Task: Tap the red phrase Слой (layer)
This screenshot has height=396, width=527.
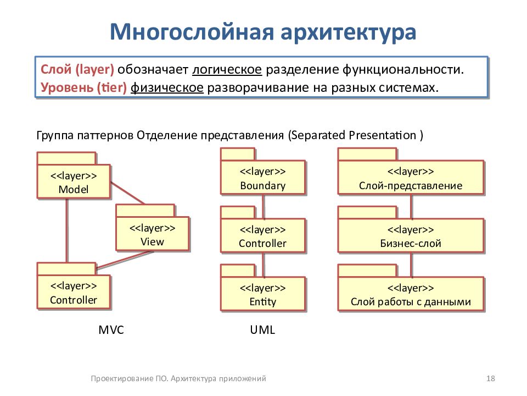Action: pyautogui.click(x=77, y=69)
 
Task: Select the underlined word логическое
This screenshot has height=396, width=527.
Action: pyautogui.click(x=227, y=69)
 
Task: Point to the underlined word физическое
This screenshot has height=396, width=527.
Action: pyautogui.click(x=167, y=87)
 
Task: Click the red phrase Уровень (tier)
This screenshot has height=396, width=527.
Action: pyautogui.click(x=83, y=87)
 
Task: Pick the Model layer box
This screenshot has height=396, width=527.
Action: pyautogui.click(x=74, y=181)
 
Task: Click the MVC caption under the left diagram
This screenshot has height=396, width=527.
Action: pyautogui.click(x=111, y=329)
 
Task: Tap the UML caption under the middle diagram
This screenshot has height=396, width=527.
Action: pyautogui.click(x=262, y=329)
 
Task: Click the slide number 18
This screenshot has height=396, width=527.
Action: pyautogui.click(x=491, y=378)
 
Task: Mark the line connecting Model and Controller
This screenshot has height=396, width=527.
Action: pyautogui.click(x=67, y=230)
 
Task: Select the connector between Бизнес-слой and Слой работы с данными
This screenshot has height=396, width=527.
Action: pyautogui.click(x=411, y=265)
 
